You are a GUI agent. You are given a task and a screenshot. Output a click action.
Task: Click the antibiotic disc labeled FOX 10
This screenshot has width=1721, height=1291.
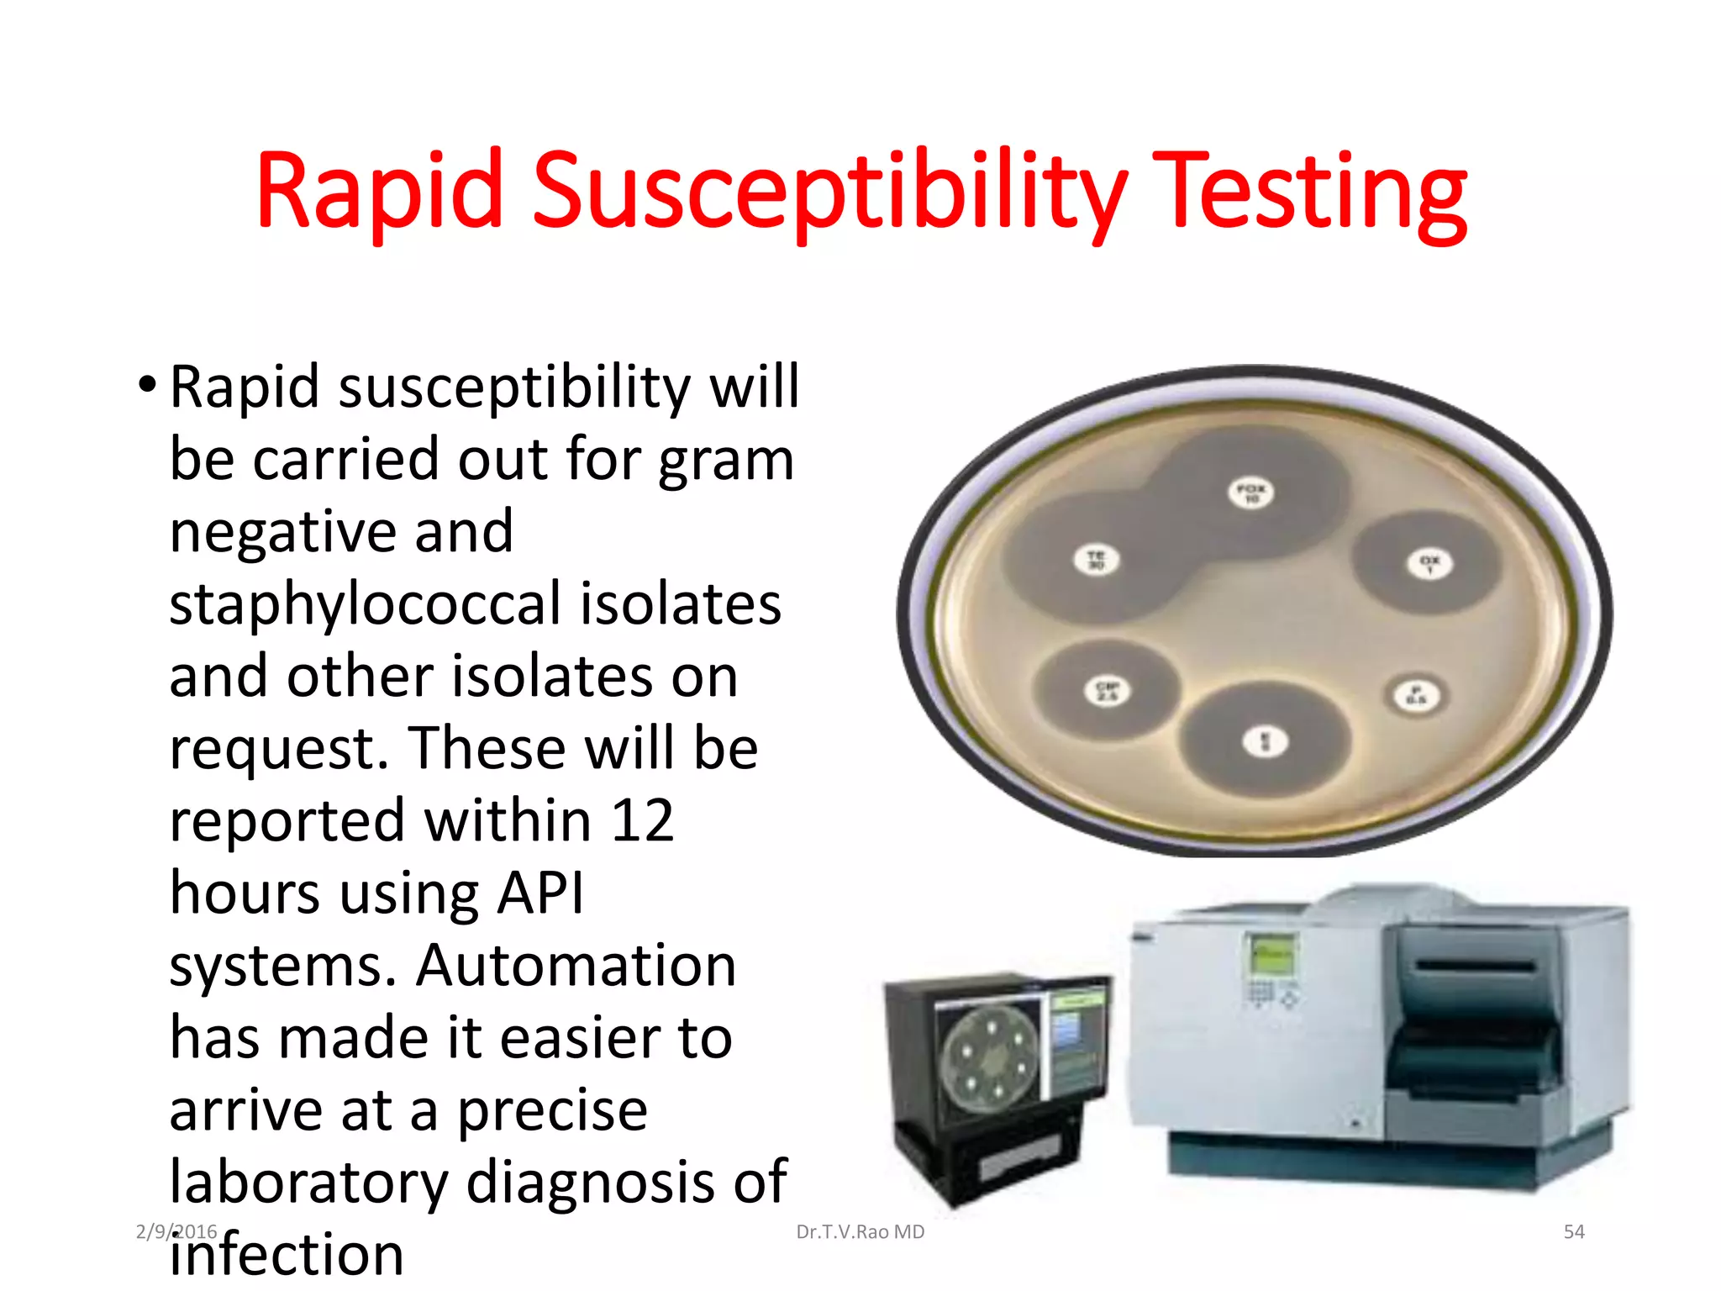click(1250, 493)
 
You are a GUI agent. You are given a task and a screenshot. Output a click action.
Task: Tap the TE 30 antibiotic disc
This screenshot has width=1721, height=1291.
click(1097, 560)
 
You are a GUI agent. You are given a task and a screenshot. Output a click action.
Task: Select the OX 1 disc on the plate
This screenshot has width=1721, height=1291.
click(1429, 564)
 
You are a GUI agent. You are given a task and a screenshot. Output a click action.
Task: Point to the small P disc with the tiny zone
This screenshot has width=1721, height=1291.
click(1417, 696)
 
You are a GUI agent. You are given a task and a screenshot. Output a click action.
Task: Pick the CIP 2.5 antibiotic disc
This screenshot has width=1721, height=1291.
click(1107, 692)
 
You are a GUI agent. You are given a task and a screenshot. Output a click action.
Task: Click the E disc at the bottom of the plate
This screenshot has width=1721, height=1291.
click(1266, 742)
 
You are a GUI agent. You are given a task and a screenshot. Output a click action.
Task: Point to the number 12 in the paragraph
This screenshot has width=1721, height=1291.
click(642, 820)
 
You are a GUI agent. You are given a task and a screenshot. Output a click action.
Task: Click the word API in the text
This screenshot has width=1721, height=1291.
click(540, 893)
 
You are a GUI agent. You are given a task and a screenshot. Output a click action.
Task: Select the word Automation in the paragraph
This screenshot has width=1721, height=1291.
click(576, 965)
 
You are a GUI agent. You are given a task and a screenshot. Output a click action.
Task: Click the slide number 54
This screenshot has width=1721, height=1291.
click(1573, 1232)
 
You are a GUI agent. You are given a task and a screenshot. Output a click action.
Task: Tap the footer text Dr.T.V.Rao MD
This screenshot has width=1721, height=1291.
click(860, 1232)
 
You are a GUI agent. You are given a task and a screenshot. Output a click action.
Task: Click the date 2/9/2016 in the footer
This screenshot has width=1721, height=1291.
click(176, 1232)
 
